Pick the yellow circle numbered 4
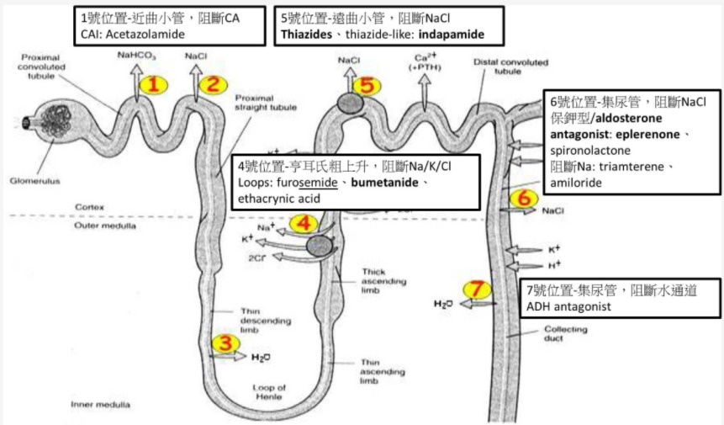click(303, 224)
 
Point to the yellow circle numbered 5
click(371, 84)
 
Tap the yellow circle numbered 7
click(477, 290)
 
